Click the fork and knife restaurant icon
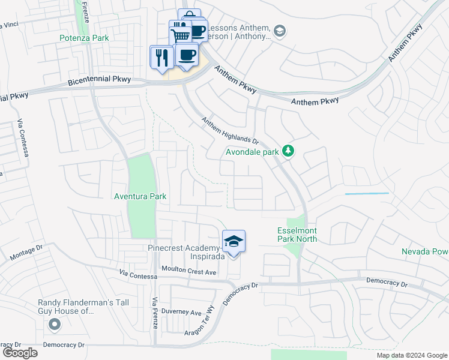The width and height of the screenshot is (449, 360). [x=160, y=58]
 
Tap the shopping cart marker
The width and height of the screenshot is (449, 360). [x=180, y=34]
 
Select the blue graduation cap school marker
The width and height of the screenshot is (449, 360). [x=234, y=242]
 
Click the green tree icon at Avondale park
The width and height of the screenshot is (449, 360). [x=289, y=151]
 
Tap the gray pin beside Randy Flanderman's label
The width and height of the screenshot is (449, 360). [x=55, y=325]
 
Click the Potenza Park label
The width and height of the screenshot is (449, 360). [x=84, y=38]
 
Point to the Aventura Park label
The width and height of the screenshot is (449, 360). [x=140, y=196]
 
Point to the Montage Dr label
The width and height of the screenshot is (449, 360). [x=27, y=253]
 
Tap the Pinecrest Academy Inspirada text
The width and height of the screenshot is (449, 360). [x=187, y=253]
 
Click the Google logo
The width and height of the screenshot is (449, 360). [x=20, y=353]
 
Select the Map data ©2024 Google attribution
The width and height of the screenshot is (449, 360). [x=411, y=355]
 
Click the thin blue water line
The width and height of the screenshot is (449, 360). [x=367, y=194]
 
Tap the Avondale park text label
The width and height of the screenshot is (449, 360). [x=252, y=152]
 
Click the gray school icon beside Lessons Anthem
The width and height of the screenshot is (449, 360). [x=279, y=31]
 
